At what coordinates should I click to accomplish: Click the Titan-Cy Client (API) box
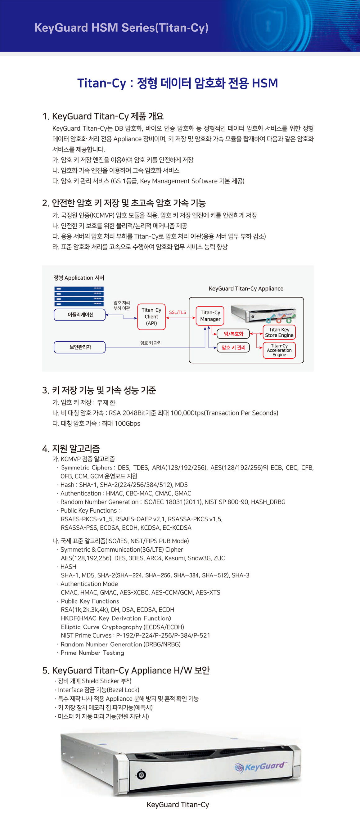coord(151,317)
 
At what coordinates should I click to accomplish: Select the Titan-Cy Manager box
coord(210,316)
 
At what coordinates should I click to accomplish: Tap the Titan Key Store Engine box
coord(279,332)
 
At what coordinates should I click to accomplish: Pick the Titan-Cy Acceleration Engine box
coord(279,350)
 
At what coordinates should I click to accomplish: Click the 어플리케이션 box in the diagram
coord(80,315)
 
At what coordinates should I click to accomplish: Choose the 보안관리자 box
coord(80,347)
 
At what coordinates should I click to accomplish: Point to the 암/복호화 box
coord(233,334)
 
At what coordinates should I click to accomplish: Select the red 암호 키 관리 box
coord(233,347)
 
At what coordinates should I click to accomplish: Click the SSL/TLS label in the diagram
coord(178,312)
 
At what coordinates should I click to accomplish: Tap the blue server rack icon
coord(79,296)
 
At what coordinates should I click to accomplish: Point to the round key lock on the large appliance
coord(141,775)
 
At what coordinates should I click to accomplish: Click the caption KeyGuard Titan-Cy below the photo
coord(178,805)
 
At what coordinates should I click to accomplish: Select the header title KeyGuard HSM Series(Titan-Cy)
coord(121,28)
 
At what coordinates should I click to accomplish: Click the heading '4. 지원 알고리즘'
coord(71,448)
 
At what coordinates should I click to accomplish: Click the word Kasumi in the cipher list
coord(175,558)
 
